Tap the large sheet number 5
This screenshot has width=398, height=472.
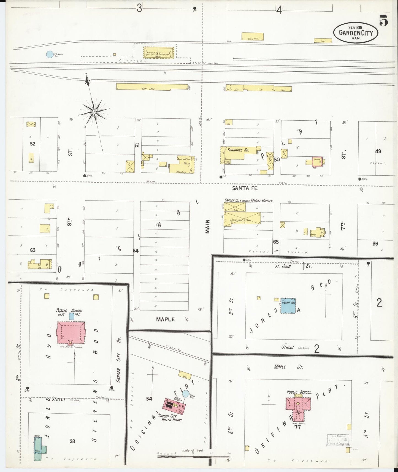[383, 21]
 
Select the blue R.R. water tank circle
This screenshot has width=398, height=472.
[50, 54]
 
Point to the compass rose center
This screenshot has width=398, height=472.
[94, 112]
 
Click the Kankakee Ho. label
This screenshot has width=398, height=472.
[238, 150]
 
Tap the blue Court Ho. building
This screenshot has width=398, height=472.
[288, 306]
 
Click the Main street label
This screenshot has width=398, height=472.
[207, 226]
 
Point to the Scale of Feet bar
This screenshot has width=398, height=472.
[193, 456]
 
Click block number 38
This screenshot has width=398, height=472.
[72, 441]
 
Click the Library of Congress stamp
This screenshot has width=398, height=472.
[338, 442]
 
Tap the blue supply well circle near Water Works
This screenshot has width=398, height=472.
[186, 394]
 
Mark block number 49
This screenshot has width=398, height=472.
[378, 151]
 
